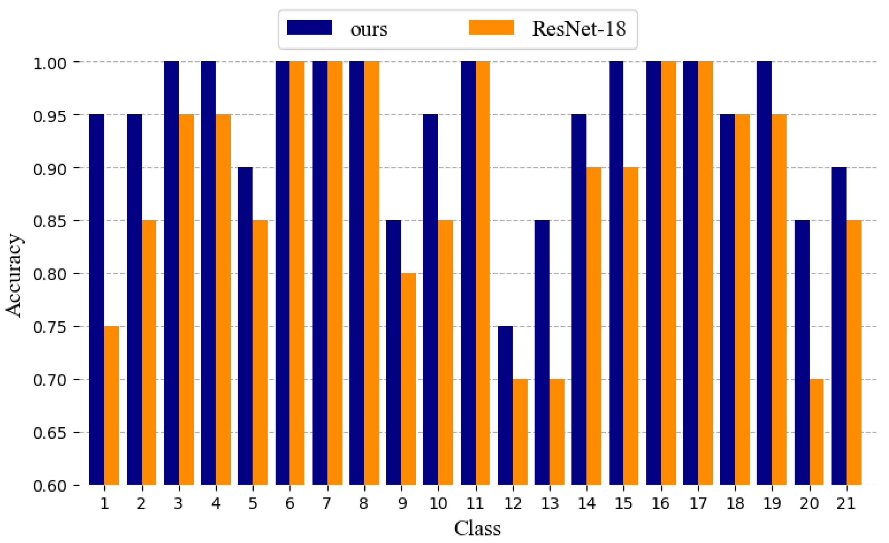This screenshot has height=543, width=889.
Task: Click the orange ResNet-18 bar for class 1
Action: pyautogui.click(x=112, y=405)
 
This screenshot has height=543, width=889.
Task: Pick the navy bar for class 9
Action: pyautogui.click(x=393, y=352)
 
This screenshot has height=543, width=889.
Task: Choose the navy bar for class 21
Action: pyautogui.click(x=839, y=326)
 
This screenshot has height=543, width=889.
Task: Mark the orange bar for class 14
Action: pyautogui.click(x=594, y=326)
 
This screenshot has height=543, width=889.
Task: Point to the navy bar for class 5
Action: pyautogui.click(x=245, y=326)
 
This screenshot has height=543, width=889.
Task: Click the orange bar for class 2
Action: pyautogui.click(x=149, y=352)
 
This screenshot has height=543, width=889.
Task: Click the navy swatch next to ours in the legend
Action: pyautogui.click(x=309, y=27)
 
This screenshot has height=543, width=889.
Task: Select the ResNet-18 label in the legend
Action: pyautogui.click(x=579, y=29)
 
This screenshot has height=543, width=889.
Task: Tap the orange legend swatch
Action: pyautogui.click(x=491, y=27)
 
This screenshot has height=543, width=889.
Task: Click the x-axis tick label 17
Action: pyautogui.click(x=698, y=503)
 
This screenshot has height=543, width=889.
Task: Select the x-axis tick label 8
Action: pyautogui.click(x=364, y=503)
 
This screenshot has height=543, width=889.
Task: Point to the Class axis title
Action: pyautogui.click(x=477, y=528)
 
